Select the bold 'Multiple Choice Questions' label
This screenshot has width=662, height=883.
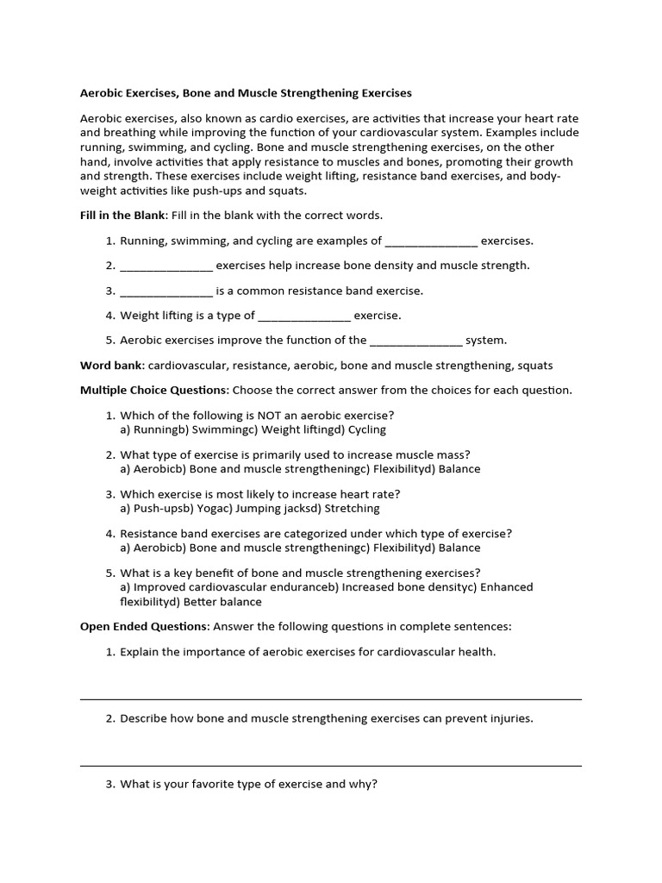pyautogui.click(x=154, y=390)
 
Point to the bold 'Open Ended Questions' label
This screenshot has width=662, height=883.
pyautogui.click(x=143, y=626)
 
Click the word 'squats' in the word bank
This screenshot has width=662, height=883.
pyautogui.click(x=534, y=366)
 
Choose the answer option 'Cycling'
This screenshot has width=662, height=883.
pyautogui.click(x=367, y=429)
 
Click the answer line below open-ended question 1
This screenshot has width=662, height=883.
pyautogui.click(x=331, y=698)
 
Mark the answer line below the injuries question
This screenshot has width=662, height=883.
pyautogui.click(x=331, y=765)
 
